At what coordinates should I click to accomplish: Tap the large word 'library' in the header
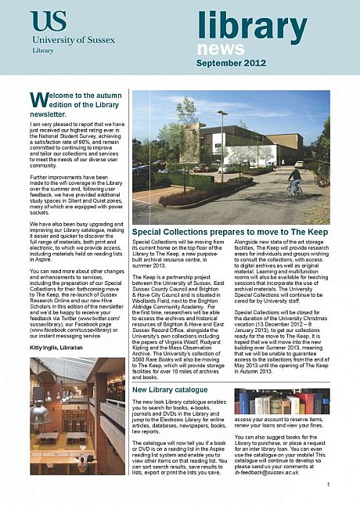(252, 28)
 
